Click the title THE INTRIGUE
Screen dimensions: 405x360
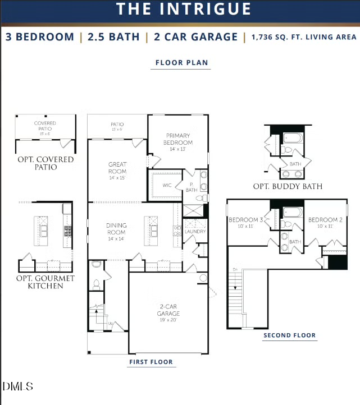[x=184, y=9]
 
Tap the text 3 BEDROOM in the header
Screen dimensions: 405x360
[x=40, y=37]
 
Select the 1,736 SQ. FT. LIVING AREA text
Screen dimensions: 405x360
[x=304, y=37]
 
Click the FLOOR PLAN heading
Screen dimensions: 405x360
[x=180, y=63]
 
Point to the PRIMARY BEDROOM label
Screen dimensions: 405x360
[x=178, y=139]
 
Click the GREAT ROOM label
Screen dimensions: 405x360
[x=117, y=168]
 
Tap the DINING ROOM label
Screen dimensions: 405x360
[x=116, y=229]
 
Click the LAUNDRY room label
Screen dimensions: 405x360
[x=195, y=231]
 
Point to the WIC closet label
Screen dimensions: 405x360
[x=167, y=184]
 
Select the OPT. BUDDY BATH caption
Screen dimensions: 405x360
[x=288, y=186]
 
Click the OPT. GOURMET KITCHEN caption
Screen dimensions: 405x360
[x=45, y=282]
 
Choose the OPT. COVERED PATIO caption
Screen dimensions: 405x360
[x=45, y=163]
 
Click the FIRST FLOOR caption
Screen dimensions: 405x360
[x=151, y=362]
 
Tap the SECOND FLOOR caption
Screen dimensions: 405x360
[x=289, y=335]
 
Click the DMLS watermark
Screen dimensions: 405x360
[x=18, y=386]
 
